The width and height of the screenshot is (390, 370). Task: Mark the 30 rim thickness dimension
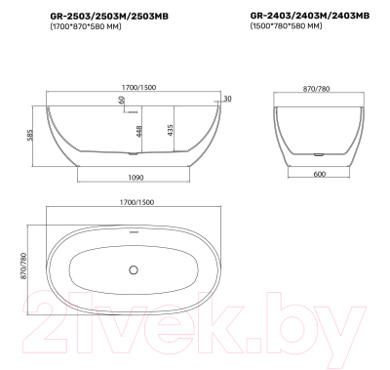click(227, 99)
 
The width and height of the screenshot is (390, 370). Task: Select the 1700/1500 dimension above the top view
click(135, 201)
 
